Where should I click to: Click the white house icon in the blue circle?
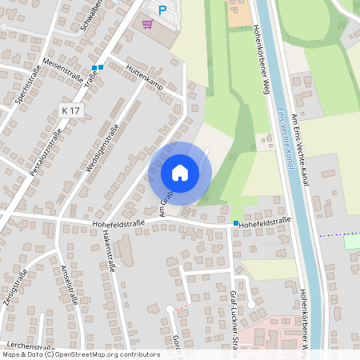180,172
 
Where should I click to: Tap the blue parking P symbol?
162,10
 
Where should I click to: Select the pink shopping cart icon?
146,24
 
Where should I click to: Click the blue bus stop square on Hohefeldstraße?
236,223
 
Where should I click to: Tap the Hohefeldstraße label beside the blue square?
263,223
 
